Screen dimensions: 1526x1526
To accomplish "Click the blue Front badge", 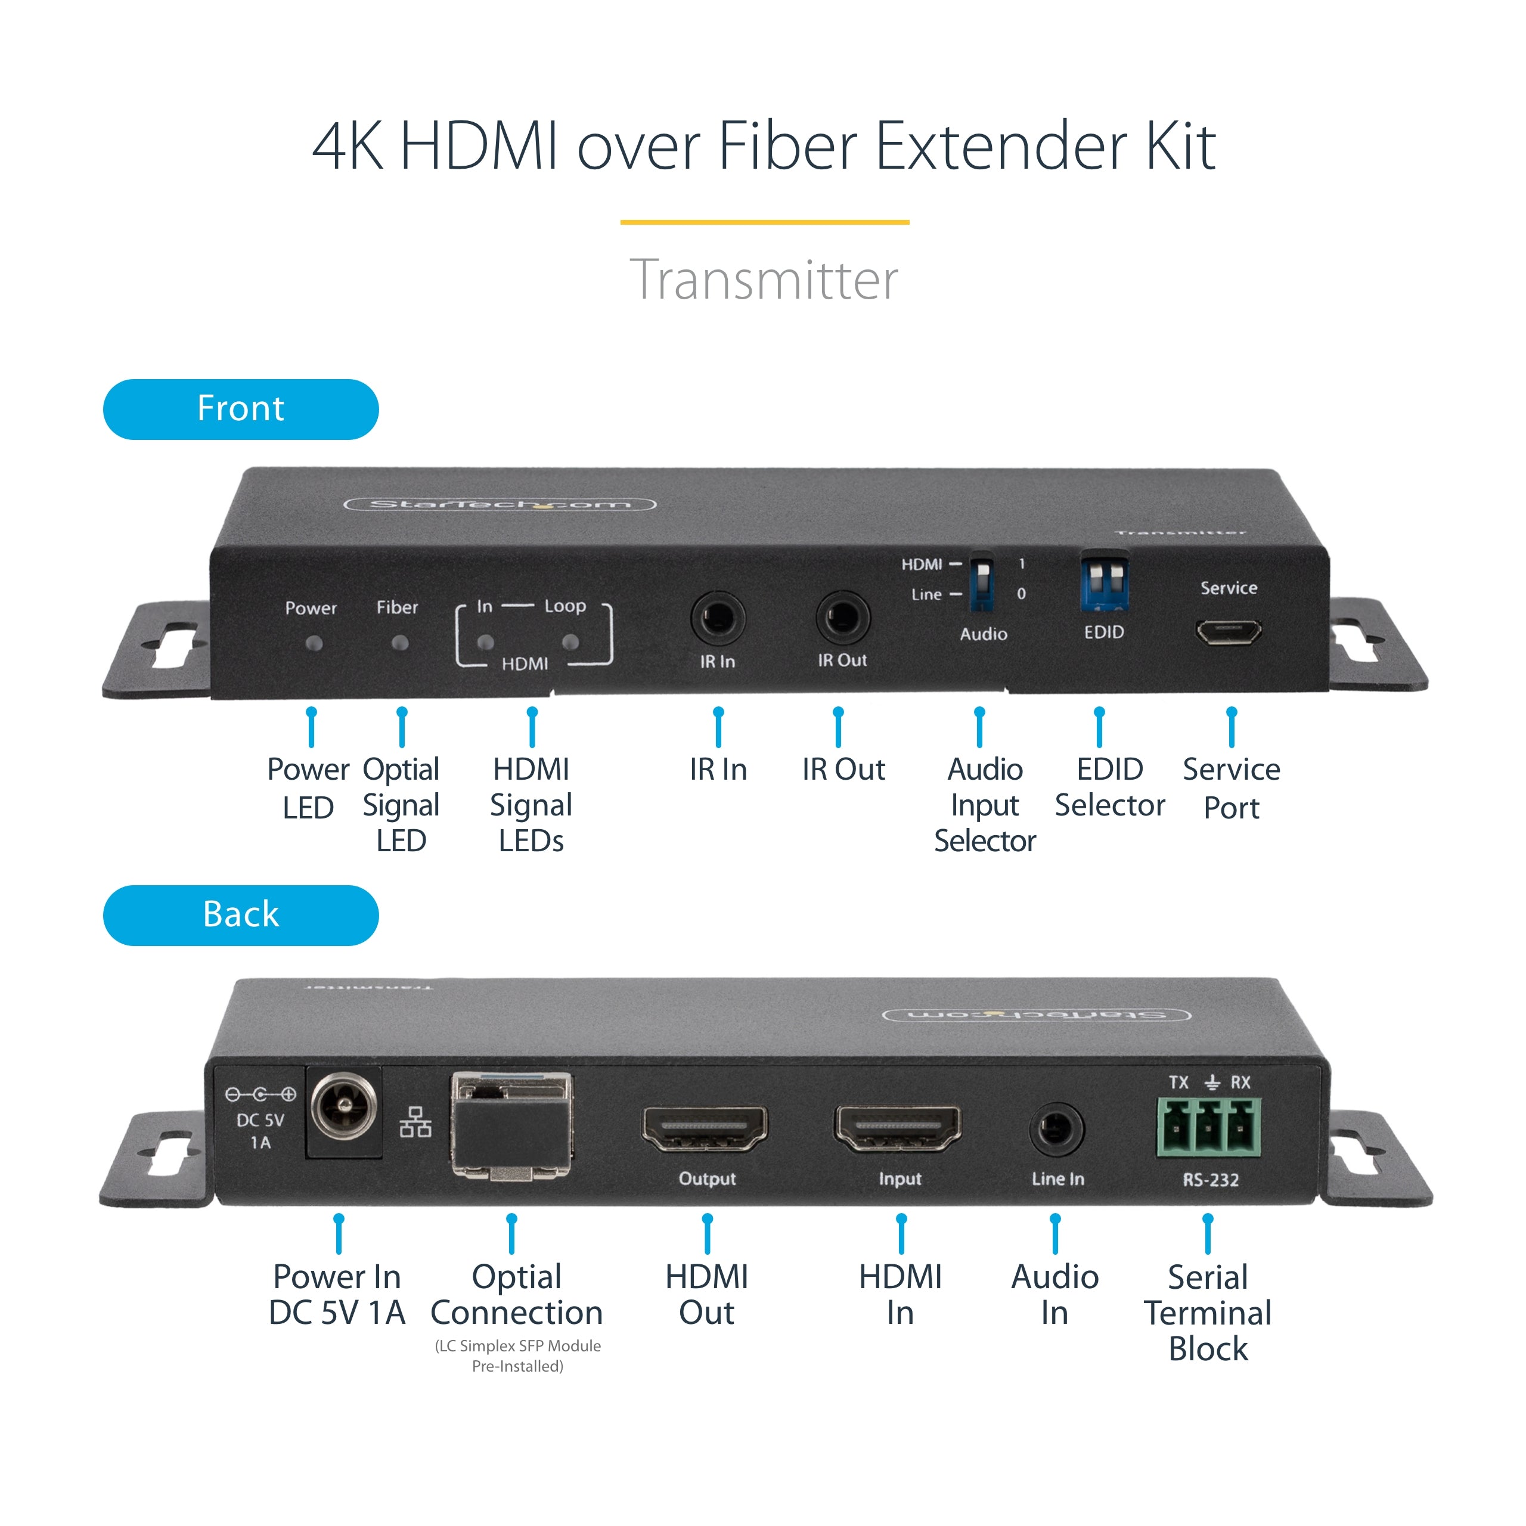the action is click(x=241, y=409).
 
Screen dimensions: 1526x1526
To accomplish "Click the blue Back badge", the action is click(x=241, y=914).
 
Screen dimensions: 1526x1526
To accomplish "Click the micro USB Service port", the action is click(x=1227, y=631).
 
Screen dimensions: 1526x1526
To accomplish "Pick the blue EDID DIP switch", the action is click(x=1103, y=584).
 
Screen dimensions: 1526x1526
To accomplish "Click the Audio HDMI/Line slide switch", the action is click(x=981, y=583).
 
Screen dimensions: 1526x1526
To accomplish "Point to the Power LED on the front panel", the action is click(x=314, y=643).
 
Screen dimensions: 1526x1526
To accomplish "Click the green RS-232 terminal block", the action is click(x=1208, y=1127).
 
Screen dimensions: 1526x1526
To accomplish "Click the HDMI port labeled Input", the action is click(x=898, y=1127).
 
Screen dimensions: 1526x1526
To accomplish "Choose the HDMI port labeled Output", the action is click(x=705, y=1127).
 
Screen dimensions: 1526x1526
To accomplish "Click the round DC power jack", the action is click(x=343, y=1106).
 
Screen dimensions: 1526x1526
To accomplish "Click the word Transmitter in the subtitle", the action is click(x=763, y=280).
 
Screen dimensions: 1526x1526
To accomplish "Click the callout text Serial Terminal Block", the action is click(x=1207, y=1313).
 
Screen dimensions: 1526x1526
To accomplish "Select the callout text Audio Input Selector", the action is click(x=984, y=805).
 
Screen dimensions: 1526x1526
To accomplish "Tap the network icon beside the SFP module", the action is click(x=415, y=1122).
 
